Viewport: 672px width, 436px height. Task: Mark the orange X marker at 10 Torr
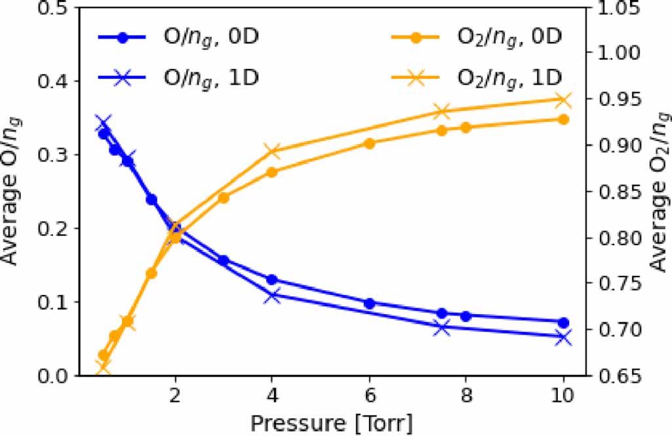click(x=563, y=100)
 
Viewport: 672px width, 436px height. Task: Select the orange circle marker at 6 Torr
click(x=369, y=144)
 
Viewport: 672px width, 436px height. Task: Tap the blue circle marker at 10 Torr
click(x=563, y=323)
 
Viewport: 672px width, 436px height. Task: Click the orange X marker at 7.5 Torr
click(x=442, y=111)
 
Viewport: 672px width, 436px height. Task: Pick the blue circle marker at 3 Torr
click(x=224, y=260)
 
